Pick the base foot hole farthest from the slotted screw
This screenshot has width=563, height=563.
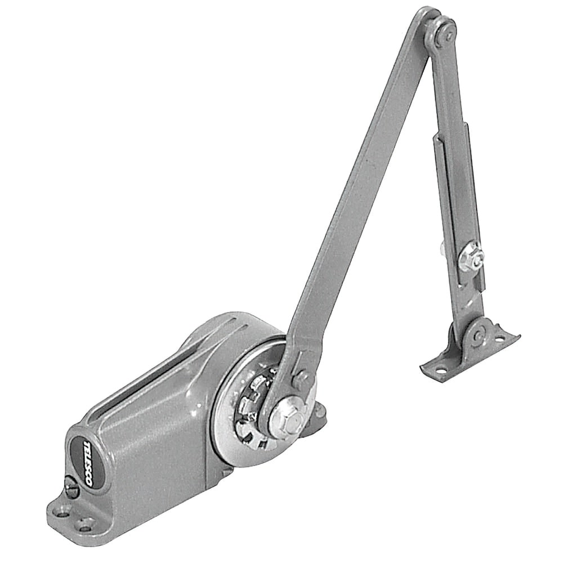pyautogui.click(x=86, y=528)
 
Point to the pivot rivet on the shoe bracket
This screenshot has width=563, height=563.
pyautogui.click(x=477, y=337)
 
